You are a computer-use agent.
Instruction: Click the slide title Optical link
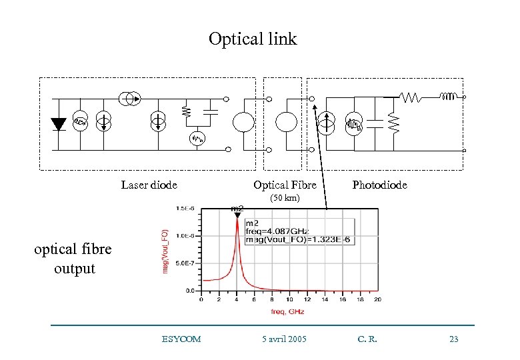[x=253, y=39]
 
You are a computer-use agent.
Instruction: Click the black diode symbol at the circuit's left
[x=58, y=123]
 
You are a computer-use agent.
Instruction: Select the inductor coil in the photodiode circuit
[x=449, y=97]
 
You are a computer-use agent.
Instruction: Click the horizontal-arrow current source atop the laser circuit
[x=131, y=99]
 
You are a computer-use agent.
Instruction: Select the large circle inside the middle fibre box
[x=286, y=123]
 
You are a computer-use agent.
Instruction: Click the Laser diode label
[x=149, y=185]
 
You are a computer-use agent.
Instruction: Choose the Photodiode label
[x=379, y=185]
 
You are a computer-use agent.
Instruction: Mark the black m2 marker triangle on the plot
[x=237, y=215]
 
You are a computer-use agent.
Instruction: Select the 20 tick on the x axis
[x=377, y=299]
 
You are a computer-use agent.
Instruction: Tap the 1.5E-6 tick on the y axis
[x=186, y=209]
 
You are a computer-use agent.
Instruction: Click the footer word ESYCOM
[x=181, y=339]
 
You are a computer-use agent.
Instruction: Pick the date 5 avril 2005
[x=285, y=339]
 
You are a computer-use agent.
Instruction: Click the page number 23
[x=454, y=339]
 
